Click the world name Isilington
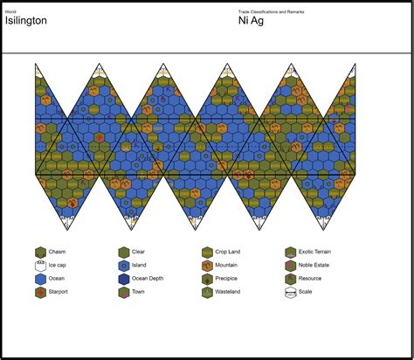coord(24,20)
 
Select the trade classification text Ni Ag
coord(252,20)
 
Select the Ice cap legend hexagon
coord(40,266)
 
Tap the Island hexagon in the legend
coord(124,266)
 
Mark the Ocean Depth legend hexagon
coord(124,280)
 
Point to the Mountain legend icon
coord(208,266)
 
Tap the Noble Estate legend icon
coord(291,266)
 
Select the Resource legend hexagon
coord(291,280)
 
